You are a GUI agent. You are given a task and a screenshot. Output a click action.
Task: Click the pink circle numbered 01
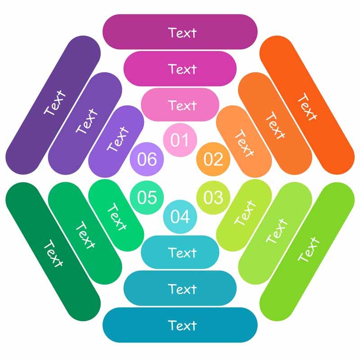click(x=180, y=140)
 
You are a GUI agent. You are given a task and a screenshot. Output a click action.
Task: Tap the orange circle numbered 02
click(x=213, y=159)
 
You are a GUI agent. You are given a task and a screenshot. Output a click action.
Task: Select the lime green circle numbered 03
click(x=213, y=198)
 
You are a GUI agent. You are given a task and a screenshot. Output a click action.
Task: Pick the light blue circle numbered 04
click(x=180, y=216)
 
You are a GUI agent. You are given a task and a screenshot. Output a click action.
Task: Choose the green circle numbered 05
click(x=147, y=198)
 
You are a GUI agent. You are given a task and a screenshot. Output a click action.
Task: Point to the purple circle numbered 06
click(x=147, y=159)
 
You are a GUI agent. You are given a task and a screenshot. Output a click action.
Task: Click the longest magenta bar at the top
click(x=180, y=32)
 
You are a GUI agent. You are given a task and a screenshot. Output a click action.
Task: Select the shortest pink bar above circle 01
click(x=180, y=105)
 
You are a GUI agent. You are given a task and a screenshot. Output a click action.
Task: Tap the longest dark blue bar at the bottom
click(x=180, y=325)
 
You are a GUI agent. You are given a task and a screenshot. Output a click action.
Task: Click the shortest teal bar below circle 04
click(x=180, y=252)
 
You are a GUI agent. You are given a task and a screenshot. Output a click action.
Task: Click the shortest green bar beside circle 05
click(x=116, y=215)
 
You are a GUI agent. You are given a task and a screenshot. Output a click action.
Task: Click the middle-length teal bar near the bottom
click(x=180, y=288)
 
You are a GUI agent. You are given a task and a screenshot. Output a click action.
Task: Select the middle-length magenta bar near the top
click(x=180, y=68)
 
